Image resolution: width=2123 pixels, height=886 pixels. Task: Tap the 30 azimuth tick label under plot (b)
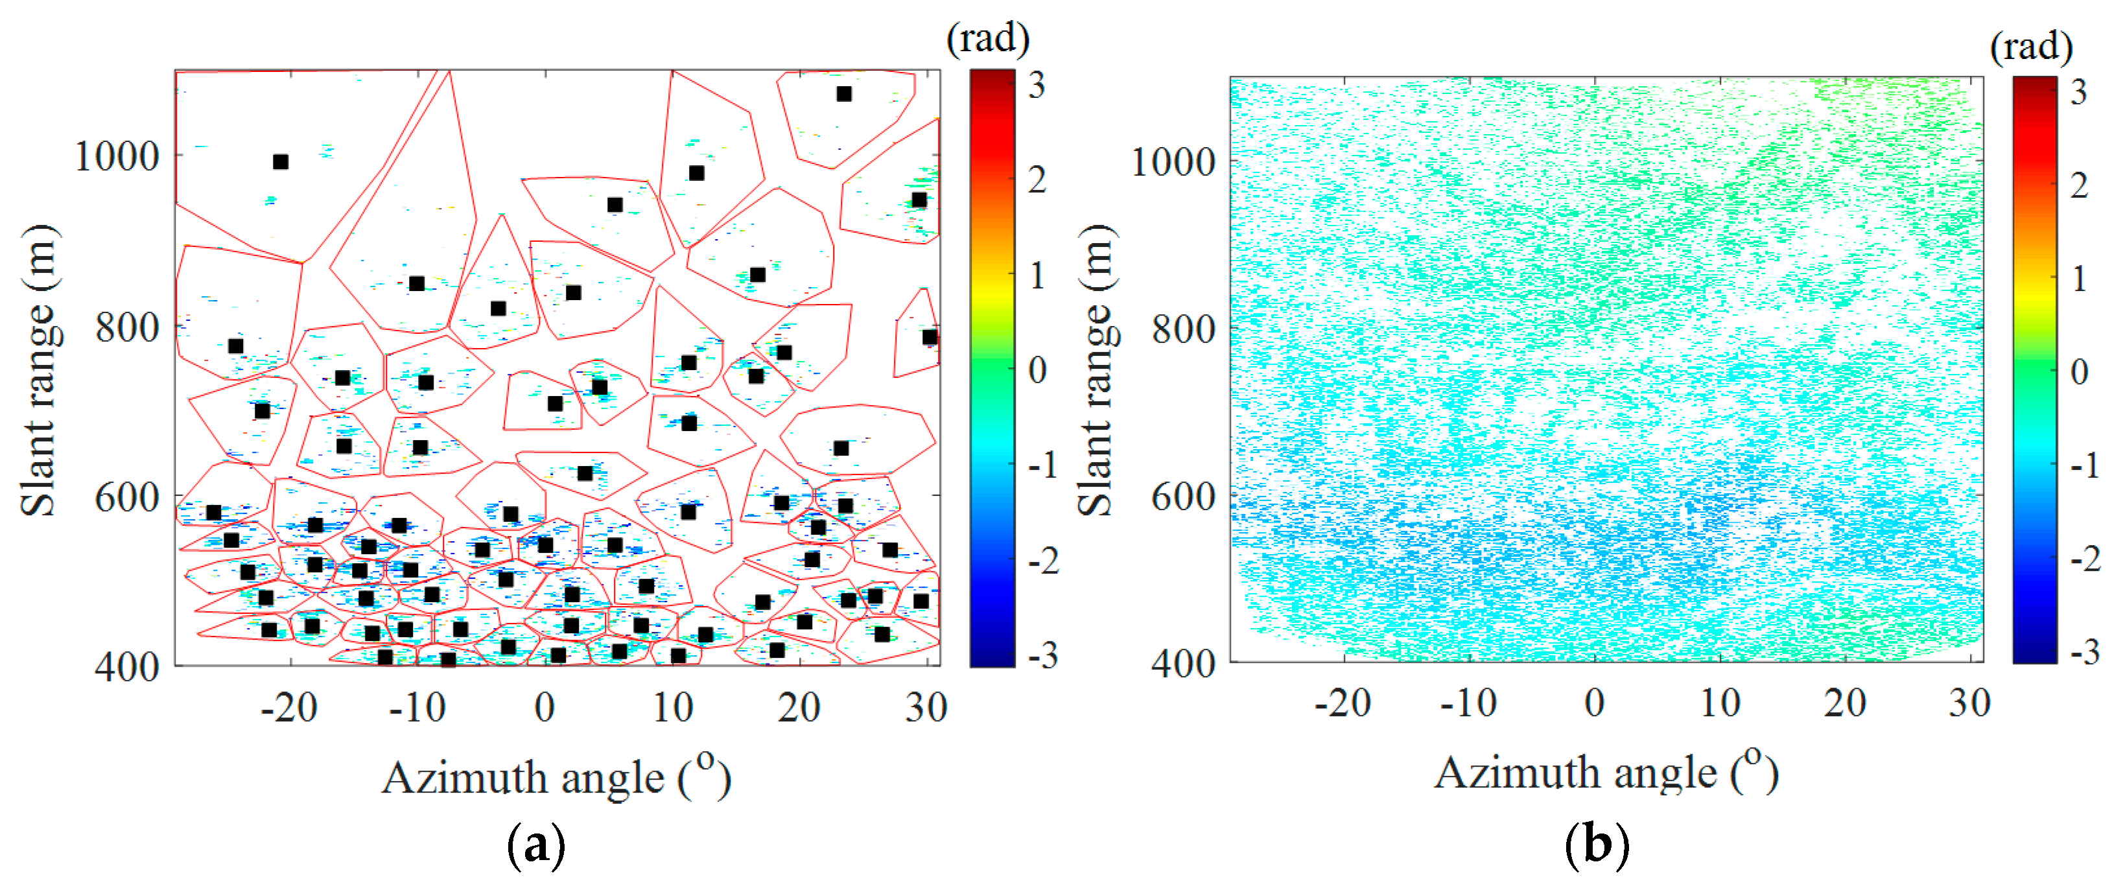pos(1970,704)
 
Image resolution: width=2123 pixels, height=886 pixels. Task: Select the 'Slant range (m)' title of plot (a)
pos(39,371)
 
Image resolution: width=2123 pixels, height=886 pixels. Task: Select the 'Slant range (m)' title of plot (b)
pos(1096,371)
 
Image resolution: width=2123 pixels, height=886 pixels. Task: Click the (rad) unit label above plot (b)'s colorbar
pos(2032,46)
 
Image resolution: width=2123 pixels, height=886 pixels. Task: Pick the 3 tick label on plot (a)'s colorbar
pos(1037,86)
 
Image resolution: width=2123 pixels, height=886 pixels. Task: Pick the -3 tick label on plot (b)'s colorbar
pos(2085,653)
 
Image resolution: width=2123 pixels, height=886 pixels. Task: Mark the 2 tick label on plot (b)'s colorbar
pos(2080,185)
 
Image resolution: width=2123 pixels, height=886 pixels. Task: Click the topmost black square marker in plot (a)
pos(844,94)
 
